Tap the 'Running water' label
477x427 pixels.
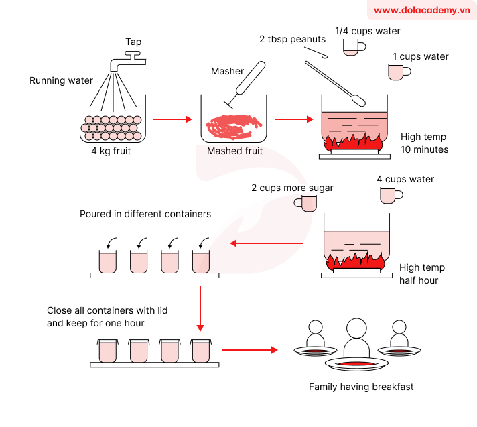61,81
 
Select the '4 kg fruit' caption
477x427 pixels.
111,151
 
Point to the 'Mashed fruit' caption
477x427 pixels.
234,151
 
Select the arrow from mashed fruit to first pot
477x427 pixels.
294,120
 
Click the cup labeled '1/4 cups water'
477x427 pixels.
353,47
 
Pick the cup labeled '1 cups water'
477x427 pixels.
399,72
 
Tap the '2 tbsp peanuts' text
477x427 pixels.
292,39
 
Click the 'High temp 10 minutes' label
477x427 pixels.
424,143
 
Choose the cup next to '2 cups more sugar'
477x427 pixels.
308,203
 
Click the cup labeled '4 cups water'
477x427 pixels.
389,195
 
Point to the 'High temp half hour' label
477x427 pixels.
421,273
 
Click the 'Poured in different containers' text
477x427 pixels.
145,215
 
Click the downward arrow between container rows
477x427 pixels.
200,308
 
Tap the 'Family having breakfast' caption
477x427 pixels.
361,387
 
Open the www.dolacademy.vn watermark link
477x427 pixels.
421,10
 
